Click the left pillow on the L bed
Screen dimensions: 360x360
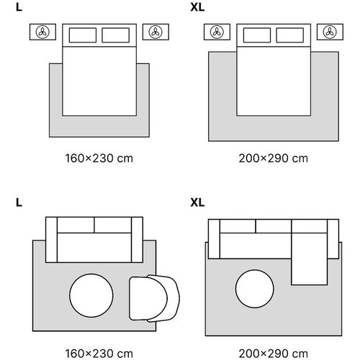pos(83,35)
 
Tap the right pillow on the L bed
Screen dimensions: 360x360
pos(115,35)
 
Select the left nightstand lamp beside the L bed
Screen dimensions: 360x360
pos(42,32)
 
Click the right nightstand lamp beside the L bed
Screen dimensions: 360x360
pos(156,32)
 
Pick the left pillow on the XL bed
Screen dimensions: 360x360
pos(257,35)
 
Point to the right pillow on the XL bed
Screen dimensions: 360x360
pos(289,35)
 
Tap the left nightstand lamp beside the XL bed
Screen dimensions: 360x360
pos(217,32)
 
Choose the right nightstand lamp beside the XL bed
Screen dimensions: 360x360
pos(330,32)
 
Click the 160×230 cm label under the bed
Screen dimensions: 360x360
pos(99,158)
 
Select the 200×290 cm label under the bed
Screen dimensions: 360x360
pos(274,158)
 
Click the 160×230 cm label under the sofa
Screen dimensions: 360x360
pos(99,354)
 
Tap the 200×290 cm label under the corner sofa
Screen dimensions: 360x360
pos(274,354)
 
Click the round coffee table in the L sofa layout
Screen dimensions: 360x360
pos(91,295)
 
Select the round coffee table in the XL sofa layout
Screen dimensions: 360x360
pos(255,289)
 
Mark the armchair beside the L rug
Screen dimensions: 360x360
pos(154,298)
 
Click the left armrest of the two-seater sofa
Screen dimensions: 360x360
pos(51,240)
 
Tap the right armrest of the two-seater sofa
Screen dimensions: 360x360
pos(137,240)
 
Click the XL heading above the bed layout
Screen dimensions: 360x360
pos(197,7)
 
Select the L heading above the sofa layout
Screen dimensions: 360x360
pos(19,202)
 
